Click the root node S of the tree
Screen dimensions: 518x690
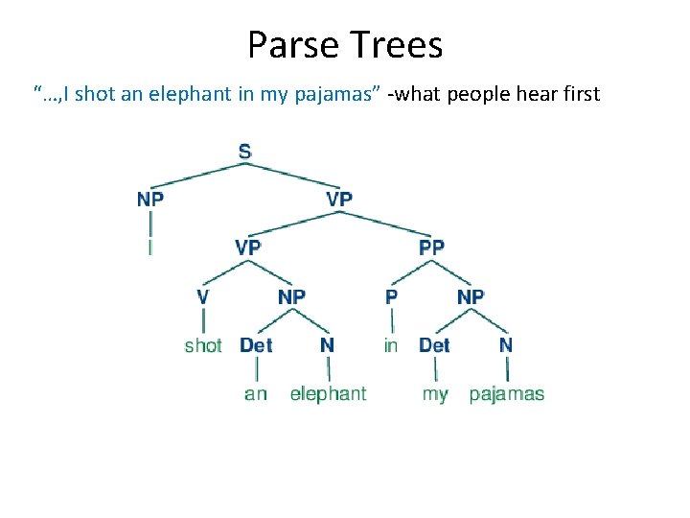(x=245, y=152)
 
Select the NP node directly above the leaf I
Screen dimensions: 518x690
(x=150, y=200)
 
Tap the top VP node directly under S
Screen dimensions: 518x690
(x=339, y=200)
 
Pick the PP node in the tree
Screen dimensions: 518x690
(x=432, y=247)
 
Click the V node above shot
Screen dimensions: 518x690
(x=202, y=296)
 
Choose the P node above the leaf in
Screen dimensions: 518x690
(x=391, y=296)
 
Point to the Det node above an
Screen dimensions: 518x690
(x=256, y=345)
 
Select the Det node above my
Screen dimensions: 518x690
(x=434, y=345)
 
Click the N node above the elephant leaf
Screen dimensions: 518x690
(x=328, y=345)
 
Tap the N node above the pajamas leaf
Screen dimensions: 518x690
(x=506, y=345)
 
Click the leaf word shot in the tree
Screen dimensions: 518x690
(x=203, y=345)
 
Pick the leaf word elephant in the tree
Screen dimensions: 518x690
(x=328, y=393)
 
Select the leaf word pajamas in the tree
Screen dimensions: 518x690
(x=507, y=394)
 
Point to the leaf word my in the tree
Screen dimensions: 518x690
(x=435, y=394)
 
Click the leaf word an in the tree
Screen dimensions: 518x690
(x=256, y=394)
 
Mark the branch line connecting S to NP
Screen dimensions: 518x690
(x=196, y=175)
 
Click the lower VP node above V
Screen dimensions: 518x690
(x=247, y=247)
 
